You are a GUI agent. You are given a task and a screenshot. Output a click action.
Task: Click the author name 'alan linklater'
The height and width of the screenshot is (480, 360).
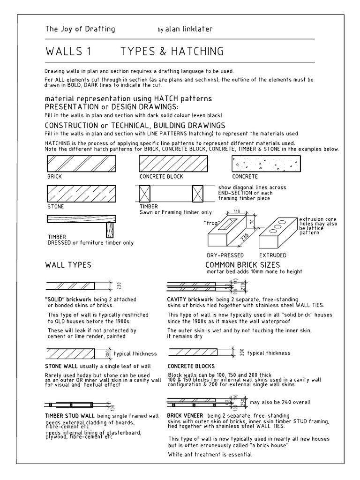189,30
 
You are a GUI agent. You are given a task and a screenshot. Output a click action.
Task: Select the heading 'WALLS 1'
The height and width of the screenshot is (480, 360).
68,52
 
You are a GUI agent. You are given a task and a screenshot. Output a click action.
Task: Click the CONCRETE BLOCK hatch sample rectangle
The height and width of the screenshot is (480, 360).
173,164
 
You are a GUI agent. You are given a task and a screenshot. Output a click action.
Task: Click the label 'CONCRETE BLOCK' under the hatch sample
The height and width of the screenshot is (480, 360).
161,177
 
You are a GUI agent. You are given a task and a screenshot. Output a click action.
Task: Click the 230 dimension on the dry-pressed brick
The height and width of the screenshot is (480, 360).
244,238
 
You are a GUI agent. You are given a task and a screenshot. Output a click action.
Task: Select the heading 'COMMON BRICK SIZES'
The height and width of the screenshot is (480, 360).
242,265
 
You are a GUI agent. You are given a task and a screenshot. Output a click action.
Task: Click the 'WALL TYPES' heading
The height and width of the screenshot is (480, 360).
68,265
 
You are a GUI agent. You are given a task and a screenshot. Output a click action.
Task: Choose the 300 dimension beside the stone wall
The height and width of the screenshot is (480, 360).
108,353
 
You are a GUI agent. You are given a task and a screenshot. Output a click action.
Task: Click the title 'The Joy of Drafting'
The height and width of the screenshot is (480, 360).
80,30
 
